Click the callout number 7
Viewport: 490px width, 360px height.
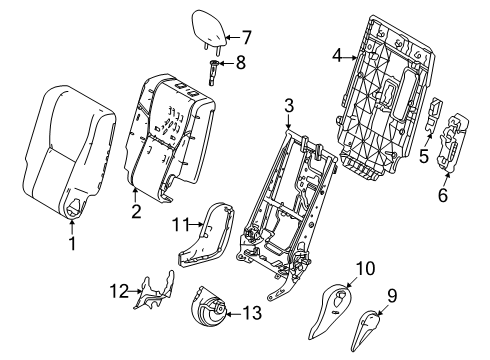[x=246, y=37]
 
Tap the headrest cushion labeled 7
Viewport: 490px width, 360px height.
[x=209, y=29]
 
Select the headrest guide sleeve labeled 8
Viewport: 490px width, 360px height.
[x=213, y=72]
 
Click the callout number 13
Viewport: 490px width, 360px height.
[x=252, y=313]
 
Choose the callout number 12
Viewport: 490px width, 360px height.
[x=119, y=291]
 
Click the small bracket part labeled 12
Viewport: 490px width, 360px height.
[x=154, y=290]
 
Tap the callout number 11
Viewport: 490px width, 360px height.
[x=180, y=225]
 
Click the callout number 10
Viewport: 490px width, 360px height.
[x=366, y=268]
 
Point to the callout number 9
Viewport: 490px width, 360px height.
[x=392, y=295]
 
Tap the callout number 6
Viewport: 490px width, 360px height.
[x=443, y=195]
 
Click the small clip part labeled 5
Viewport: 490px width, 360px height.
[x=434, y=115]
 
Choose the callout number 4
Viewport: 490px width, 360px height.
[x=337, y=55]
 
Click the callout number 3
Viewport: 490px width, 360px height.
[x=289, y=106]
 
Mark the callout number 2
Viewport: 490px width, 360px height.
[x=136, y=212]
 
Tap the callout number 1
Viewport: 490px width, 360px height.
[x=72, y=244]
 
